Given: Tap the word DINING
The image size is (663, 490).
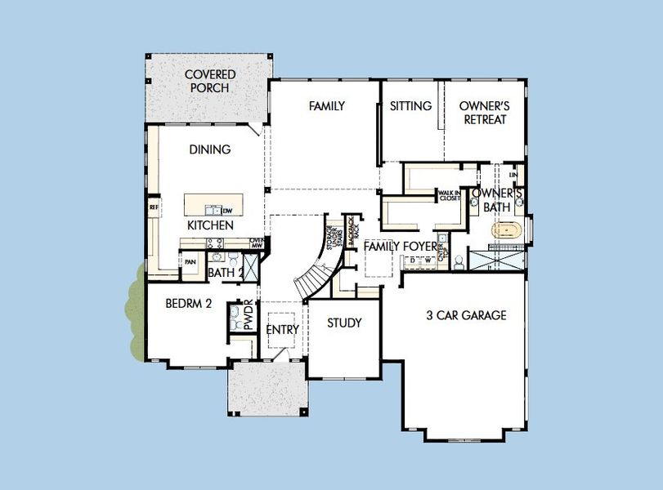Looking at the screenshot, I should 210,149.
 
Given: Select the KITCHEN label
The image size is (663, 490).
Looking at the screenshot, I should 211,225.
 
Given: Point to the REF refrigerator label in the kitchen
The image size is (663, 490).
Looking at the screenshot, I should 153,208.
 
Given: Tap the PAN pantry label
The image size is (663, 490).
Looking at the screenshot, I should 190,262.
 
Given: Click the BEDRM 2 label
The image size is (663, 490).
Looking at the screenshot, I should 189,303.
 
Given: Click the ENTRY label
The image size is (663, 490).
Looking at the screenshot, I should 283,330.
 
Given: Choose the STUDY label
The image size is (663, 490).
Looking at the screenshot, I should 344,323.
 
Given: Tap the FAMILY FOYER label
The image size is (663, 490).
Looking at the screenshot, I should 401,246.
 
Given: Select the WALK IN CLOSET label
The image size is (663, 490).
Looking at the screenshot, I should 449,195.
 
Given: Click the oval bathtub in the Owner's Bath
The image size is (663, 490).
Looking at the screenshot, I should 507,231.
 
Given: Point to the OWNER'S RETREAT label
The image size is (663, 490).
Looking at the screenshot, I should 483,113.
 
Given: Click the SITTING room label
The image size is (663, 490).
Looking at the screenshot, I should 410,106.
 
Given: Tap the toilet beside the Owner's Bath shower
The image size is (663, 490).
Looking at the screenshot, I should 459,261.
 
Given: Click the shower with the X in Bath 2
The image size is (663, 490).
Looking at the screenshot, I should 252,267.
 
